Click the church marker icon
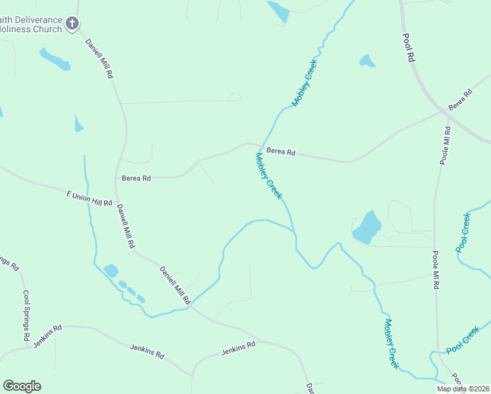point(73,24)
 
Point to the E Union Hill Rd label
point(89,198)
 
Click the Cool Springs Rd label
point(26,315)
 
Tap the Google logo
point(22,386)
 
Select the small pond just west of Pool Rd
point(367,61)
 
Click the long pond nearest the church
point(55,60)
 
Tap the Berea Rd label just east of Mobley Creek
point(281,152)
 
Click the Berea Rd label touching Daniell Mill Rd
point(137,178)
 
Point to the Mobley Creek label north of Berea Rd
point(305,83)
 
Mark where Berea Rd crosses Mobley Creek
point(259,147)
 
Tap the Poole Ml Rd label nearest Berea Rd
point(446,146)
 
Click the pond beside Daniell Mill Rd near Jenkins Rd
point(111,271)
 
